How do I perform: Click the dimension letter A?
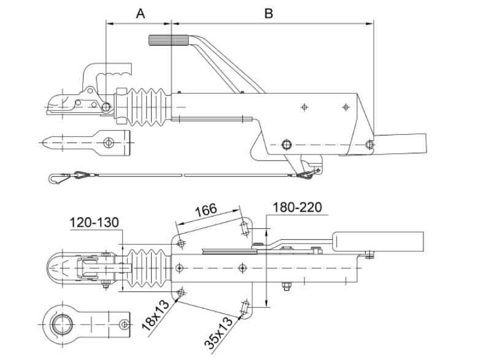(140, 13)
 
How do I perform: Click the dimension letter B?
(268, 13)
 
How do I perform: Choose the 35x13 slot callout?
(219, 333)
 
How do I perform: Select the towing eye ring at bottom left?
(62, 321)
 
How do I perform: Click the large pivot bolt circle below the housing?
(285, 145)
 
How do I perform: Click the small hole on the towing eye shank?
(125, 323)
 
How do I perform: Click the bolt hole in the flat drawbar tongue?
(109, 142)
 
